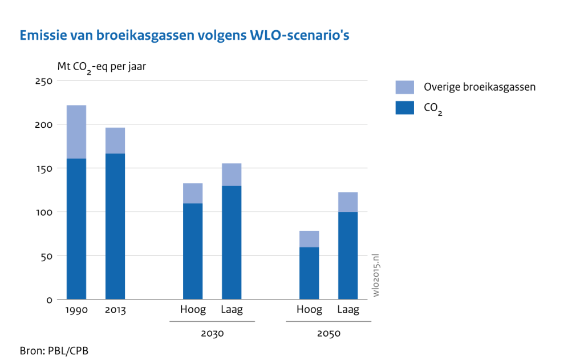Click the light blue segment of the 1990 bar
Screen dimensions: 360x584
76,132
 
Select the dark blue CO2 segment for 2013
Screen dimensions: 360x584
115,226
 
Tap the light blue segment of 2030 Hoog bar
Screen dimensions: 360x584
193,193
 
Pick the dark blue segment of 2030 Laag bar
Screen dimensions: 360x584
232,242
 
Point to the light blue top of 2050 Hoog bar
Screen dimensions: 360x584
309,239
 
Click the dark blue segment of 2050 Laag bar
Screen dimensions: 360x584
348,256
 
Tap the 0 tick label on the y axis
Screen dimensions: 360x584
50,300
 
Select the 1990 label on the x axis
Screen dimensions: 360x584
76,310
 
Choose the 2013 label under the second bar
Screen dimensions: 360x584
115,310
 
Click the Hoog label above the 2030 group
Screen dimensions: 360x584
193,310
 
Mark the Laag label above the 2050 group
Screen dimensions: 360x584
348,310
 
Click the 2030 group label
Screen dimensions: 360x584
212,333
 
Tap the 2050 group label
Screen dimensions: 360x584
328,333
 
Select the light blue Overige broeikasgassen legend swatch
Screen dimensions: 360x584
404,87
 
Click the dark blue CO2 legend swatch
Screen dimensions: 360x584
404,107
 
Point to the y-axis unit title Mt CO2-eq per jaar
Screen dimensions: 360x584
102,67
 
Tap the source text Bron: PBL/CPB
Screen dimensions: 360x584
54,349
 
